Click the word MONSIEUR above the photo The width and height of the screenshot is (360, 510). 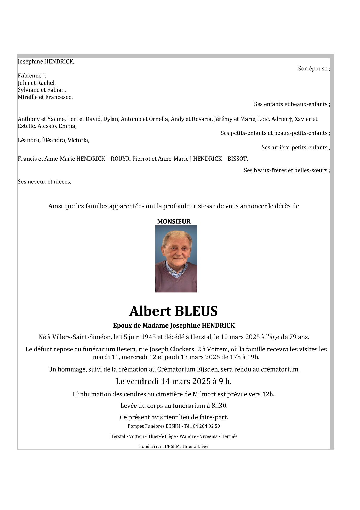pos(174,221)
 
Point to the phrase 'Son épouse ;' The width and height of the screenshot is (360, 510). pos(314,69)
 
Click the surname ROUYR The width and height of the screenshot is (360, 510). pos(120,159)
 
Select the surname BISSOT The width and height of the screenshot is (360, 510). pos(237,159)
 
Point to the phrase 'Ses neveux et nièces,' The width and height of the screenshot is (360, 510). pos(44,182)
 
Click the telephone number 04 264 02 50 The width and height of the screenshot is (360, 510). pos(206,426)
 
